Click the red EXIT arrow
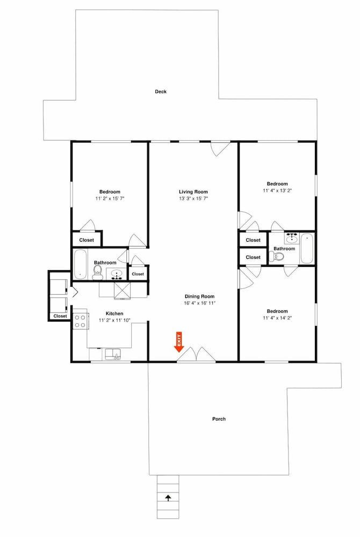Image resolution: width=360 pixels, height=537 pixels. [179, 342]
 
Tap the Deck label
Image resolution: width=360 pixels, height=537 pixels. [161, 91]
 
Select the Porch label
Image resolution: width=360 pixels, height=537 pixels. [219, 419]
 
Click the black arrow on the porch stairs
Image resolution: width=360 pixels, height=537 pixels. [168, 498]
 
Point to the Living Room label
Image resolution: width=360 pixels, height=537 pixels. [193, 192]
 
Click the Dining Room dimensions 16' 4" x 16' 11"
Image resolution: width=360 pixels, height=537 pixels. [200, 303]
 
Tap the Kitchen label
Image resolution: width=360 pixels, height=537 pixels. [114, 314]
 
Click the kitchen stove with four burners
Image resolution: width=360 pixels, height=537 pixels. [81, 321]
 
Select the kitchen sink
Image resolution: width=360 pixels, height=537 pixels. [113, 354]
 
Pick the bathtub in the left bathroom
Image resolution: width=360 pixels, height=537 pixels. [80, 264]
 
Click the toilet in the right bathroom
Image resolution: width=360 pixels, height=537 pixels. [277, 256]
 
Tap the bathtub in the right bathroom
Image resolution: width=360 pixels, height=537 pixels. [307, 248]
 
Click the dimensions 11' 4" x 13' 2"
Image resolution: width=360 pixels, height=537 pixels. [277, 191]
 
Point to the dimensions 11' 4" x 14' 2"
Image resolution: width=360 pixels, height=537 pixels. [277, 318]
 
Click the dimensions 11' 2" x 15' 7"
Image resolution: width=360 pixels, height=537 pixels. [110, 198]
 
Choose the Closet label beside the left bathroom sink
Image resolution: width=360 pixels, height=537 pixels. [138, 274]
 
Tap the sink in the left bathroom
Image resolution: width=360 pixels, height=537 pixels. [117, 274]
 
